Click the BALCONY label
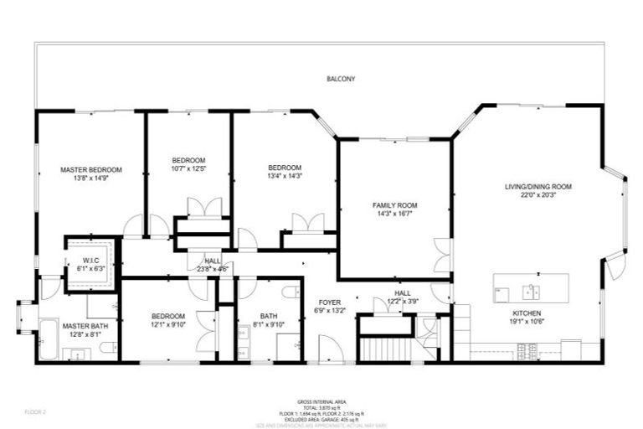[341, 80]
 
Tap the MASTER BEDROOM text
[91, 169]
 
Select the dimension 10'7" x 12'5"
[188, 168]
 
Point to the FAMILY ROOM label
[394, 205]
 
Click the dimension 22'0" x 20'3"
[538, 195]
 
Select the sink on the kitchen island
[529, 291]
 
